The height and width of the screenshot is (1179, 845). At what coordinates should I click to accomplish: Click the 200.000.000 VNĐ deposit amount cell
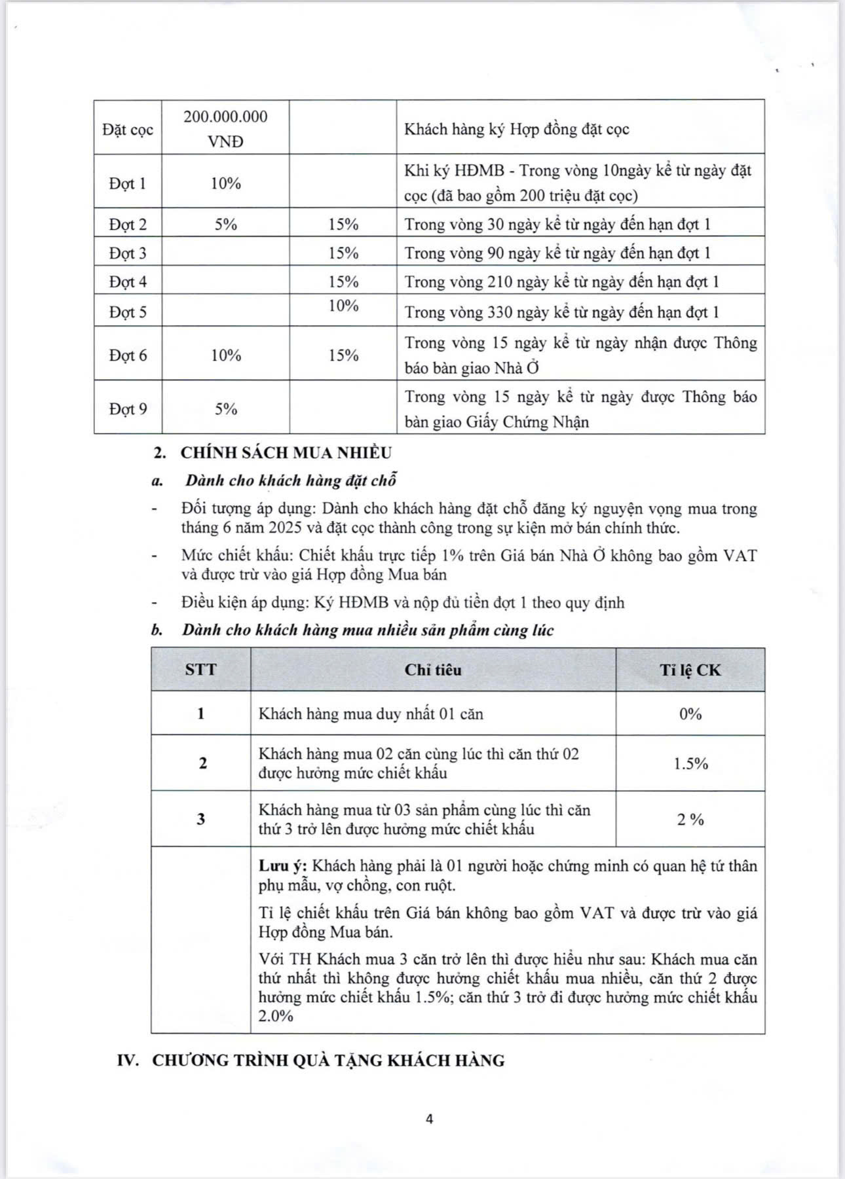click(x=225, y=128)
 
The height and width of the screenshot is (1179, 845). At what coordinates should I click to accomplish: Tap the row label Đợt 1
click(x=128, y=183)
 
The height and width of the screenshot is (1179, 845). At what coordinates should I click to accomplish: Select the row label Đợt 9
click(x=128, y=409)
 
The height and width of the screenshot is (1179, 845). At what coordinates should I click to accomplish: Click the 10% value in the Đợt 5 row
click(x=343, y=306)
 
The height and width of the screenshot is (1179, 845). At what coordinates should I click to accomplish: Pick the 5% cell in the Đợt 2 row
click(x=225, y=225)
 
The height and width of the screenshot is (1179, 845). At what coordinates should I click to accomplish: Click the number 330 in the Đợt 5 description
click(x=501, y=312)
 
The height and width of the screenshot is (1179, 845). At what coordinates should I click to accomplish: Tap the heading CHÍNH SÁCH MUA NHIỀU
click(x=286, y=453)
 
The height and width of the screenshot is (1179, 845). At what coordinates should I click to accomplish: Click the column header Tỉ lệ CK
click(x=690, y=670)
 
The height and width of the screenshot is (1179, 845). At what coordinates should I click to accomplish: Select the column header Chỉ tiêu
click(x=433, y=670)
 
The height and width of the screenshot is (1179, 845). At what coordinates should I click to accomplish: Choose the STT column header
click(x=201, y=670)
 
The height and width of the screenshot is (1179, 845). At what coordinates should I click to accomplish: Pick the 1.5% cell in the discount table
click(x=690, y=764)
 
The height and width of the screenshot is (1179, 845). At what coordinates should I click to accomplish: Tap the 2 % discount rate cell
click(x=690, y=820)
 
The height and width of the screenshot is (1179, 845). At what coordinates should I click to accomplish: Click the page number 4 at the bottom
click(x=430, y=1119)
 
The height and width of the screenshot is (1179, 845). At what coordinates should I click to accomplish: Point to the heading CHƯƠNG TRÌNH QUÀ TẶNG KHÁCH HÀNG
click(x=328, y=1061)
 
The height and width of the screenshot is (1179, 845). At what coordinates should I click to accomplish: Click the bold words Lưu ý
click(x=282, y=866)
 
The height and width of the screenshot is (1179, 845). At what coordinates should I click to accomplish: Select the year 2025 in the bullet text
click(x=266, y=528)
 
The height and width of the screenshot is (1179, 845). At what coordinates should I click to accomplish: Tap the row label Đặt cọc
click(x=128, y=129)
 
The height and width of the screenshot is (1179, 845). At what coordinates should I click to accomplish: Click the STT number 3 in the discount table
click(x=201, y=820)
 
